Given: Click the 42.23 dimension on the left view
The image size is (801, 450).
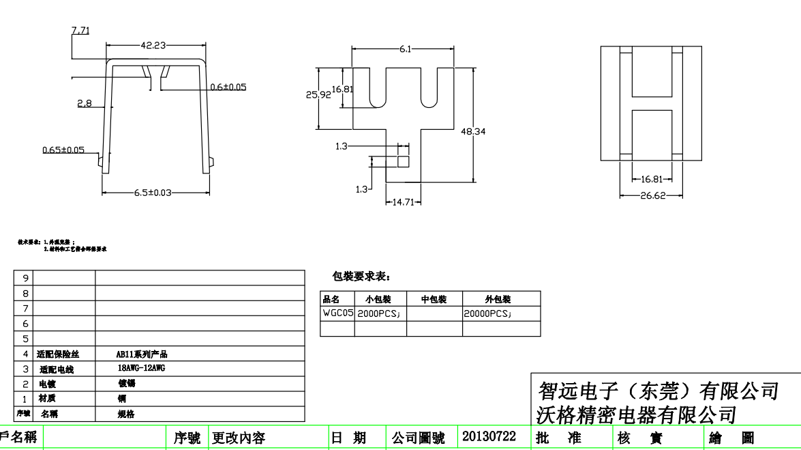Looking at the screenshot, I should [x=154, y=46].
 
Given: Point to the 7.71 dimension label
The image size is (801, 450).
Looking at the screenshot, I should [x=80, y=30].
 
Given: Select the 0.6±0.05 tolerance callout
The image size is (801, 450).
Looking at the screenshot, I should [x=228, y=87].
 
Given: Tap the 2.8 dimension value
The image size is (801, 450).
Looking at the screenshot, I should [x=85, y=104].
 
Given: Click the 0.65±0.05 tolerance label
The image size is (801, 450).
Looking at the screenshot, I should [x=63, y=150].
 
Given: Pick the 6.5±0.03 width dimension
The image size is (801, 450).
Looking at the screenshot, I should [x=152, y=193].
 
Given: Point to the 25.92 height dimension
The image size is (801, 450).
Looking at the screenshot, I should [x=318, y=95].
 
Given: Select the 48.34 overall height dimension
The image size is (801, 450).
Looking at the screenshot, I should [x=472, y=131].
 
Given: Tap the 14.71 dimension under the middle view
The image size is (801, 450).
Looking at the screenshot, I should [x=404, y=202].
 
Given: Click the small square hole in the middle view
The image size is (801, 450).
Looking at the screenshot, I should [x=403, y=162].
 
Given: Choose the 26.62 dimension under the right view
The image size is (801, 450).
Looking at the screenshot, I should [x=652, y=195].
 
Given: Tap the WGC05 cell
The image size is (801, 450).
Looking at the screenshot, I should [x=337, y=313].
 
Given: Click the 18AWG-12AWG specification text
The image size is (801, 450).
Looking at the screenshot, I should [x=142, y=367].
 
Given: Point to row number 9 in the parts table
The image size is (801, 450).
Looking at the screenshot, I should [x=26, y=278].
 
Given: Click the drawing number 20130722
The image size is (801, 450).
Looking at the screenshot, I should [x=489, y=436].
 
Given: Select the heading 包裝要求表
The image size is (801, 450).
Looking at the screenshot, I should [x=361, y=277].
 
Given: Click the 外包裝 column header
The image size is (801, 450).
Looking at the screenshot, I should [x=498, y=299].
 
